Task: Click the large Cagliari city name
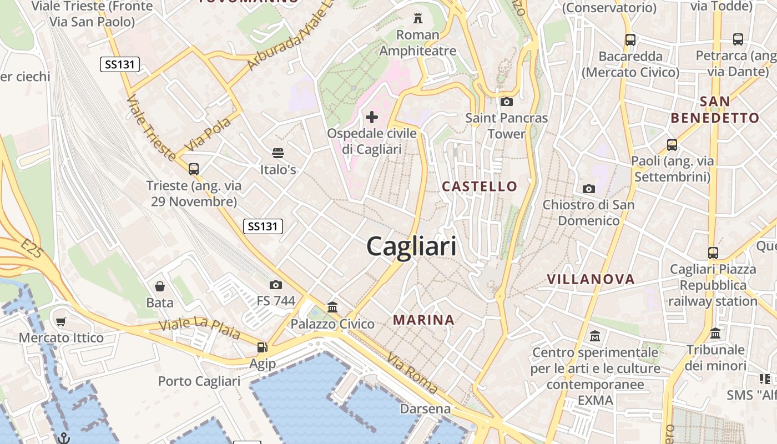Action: (411, 246)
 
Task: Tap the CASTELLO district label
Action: (480, 186)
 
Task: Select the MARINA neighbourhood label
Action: (424, 320)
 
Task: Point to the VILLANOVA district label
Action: (591, 279)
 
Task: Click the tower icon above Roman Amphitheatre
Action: (418, 18)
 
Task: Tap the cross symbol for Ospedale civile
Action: (372, 117)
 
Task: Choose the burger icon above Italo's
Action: (278, 153)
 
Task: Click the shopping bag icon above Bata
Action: (160, 286)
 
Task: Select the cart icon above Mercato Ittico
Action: (61, 322)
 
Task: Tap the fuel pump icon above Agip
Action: (262, 347)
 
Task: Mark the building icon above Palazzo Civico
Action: (332, 307)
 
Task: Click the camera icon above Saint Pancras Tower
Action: (506, 102)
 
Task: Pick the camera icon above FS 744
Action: (276, 285)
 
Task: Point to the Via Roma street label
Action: (412, 373)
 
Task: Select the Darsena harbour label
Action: (425, 409)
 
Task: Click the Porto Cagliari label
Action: (199, 381)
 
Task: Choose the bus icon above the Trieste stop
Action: (193, 169)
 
